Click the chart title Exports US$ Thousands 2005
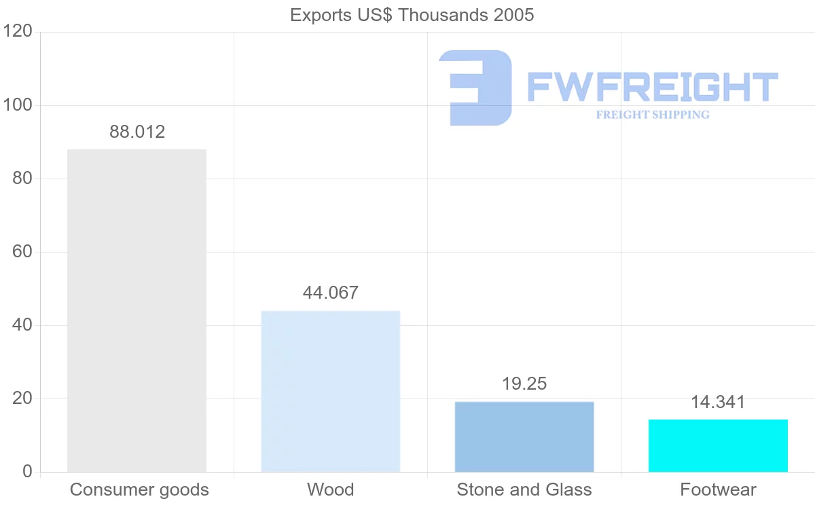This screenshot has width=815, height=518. [x=412, y=15]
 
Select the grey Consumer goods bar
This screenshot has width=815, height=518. [x=137, y=310]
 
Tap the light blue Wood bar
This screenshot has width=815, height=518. [x=331, y=391]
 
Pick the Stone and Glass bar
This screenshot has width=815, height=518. [x=524, y=437]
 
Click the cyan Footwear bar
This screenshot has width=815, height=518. [x=718, y=445]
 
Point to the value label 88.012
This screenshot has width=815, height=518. [x=137, y=132]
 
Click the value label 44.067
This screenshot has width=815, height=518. [x=331, y=293]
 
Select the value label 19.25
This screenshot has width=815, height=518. [x=524, y=384]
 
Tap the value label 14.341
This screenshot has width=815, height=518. [x=718, y=402]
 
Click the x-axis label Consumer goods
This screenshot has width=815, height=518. [x=139, y=489]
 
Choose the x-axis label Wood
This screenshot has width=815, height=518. [x=331, y=489]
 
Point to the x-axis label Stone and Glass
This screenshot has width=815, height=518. [x=524, y=489]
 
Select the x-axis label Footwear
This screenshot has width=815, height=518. [x=718, y=489]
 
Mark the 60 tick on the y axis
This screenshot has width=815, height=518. [x=22, y=252]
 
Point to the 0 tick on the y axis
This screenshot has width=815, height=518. [x=27, y=472]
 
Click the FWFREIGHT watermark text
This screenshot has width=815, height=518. [x=652, y=88]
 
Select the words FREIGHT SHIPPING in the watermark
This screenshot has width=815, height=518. [x=653, y=115]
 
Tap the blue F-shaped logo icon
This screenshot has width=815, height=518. [x=475, y=88]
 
